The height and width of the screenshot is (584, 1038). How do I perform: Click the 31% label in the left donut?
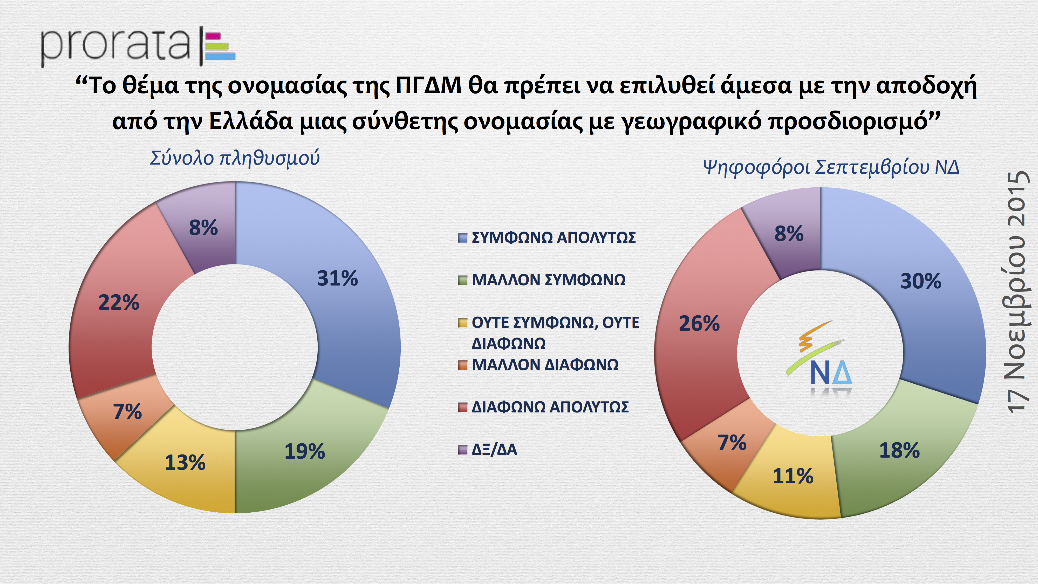click(337, 279)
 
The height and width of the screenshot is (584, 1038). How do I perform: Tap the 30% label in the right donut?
click(921, 281)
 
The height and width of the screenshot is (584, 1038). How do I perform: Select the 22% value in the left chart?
click(119, 302)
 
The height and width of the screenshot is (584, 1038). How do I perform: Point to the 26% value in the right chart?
click(699, 324)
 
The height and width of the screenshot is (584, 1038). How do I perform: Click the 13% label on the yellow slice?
click(185, 463)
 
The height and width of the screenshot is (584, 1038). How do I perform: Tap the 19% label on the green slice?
click(305, 451)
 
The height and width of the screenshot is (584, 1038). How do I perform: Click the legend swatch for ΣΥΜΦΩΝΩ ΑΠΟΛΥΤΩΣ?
click(462, 238)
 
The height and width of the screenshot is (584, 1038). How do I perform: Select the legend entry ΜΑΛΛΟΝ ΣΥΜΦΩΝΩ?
click(548, 280)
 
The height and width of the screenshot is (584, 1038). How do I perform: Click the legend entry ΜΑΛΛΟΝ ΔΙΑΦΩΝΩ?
click(545, 365)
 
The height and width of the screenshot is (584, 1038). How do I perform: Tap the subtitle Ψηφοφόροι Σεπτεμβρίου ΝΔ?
click(831, 167)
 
